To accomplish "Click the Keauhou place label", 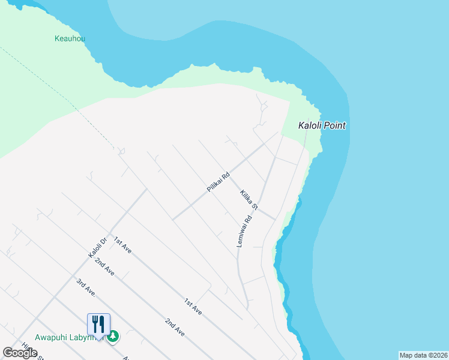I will pyautogui.click(x=70, y=38).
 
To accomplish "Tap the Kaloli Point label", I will pyautogui.click(x=322, y=126).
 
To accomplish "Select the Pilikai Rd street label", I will pyautogui.click(x=218, y=182).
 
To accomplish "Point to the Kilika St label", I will pyautogui.click(x=249, y=199).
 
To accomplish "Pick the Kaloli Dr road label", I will pyautogui.click(x=97, y=247).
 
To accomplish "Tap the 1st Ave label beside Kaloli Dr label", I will pyautogui.click(x=122, y=244).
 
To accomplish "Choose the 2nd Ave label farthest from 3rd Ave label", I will pyautogui.click(x=174, y=327).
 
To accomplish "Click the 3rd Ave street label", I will pyautogui.click(x=86, y=287).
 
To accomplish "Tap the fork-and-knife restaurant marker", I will pyautogui.click(x=98, y=324).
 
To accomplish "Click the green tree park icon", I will pyautogui.click(x=113, y=337).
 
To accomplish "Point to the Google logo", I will pyautogui.click(x=20, y=353).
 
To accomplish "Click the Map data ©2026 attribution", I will pyautogui.click(x=424, y=355).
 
